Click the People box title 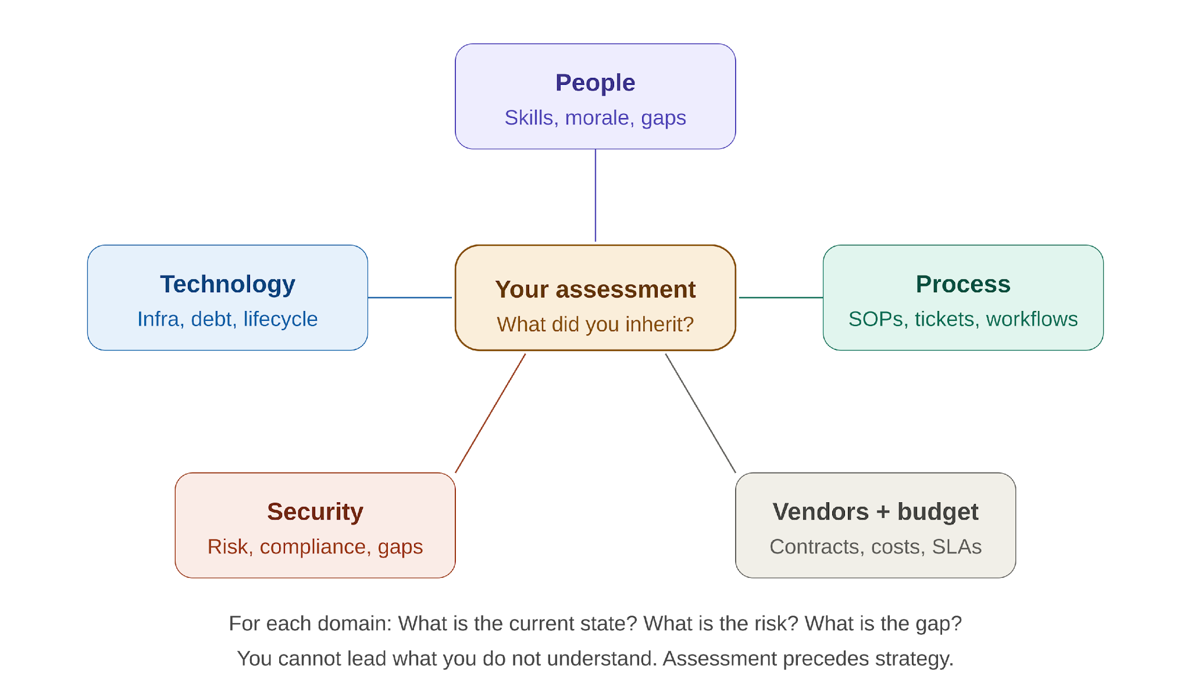[x=595, y=83]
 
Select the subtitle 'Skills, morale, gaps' [x=595, y=118]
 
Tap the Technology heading [x=227, y=285]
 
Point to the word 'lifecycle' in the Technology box [x=280, y=319]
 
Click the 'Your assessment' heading [x=595, y=289]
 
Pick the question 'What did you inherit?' [x=595, y=324]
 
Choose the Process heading [x=963, y=284]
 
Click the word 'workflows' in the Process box [x=1032, y=319]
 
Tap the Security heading [x=315, y=512]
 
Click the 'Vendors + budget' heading [x=875, y=512]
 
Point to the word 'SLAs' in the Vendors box [x=957, y=547]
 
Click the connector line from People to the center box [x=595, y=195]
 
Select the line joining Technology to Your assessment [x=410, y=298]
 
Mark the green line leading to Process [x=781, y=298]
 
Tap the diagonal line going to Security [x=490, y=413]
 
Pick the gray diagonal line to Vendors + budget [x=701, y=413]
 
